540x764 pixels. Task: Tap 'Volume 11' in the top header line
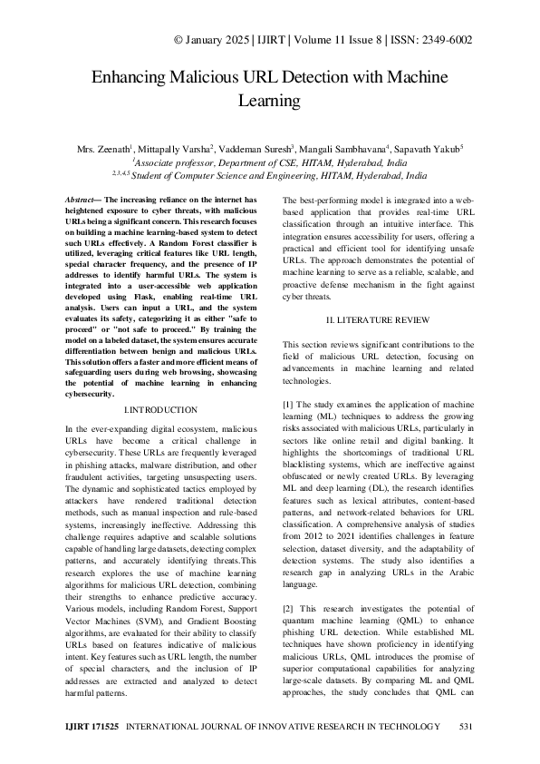pos(299,41)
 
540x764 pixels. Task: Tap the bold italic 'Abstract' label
pos(84,199)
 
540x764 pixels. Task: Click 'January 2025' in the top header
pos(214,41)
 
